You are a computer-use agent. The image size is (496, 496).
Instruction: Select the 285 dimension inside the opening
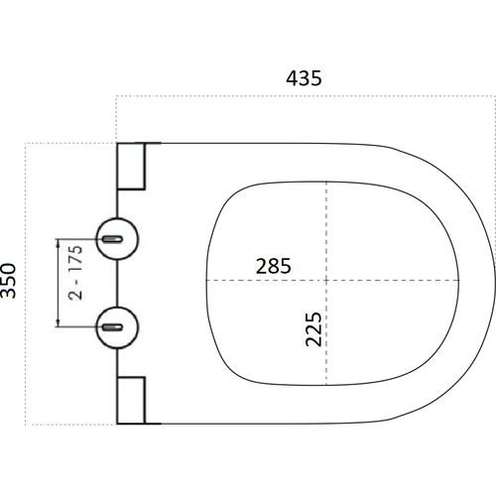pos(273,266)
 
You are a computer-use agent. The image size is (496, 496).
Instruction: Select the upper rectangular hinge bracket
pos(132,166)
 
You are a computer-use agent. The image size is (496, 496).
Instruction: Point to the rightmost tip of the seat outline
pos(494,283)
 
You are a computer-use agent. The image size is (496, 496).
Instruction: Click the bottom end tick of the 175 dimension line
pos(62,326)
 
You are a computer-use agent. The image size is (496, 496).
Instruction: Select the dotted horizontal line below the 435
pos(298,96)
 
